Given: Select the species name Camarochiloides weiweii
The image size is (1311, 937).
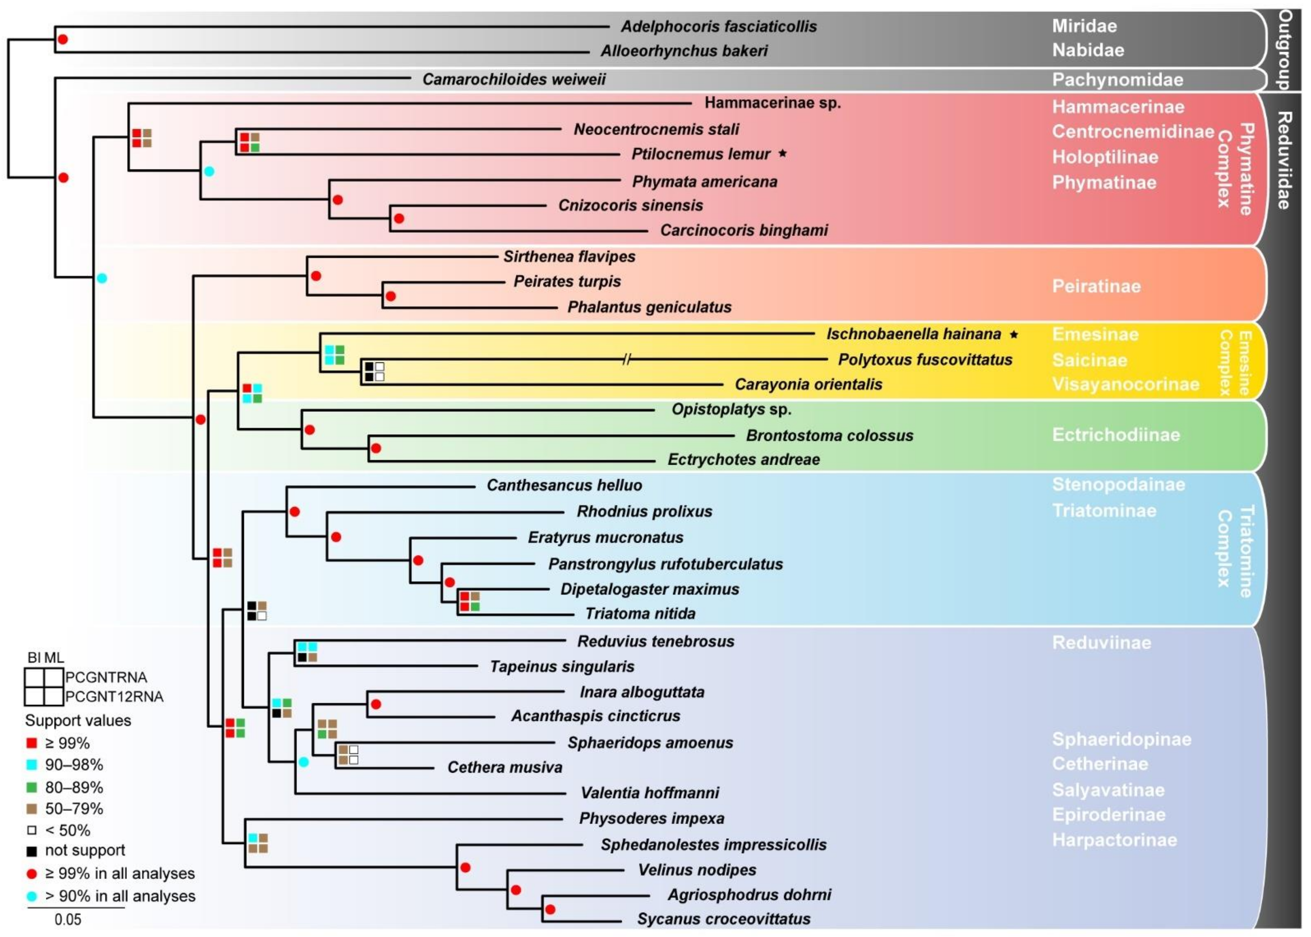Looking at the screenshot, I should tap(514, 79).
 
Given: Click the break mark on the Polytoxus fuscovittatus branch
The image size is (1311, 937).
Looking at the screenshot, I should tap(627, 360).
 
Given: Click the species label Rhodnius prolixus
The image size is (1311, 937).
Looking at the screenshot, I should tap(644, 511).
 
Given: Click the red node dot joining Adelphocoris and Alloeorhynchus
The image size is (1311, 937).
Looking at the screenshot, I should tap(62, 39).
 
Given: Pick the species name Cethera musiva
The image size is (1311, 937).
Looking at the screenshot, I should tap(505, 767).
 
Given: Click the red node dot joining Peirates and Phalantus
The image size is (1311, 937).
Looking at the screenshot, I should tap(390, 296).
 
